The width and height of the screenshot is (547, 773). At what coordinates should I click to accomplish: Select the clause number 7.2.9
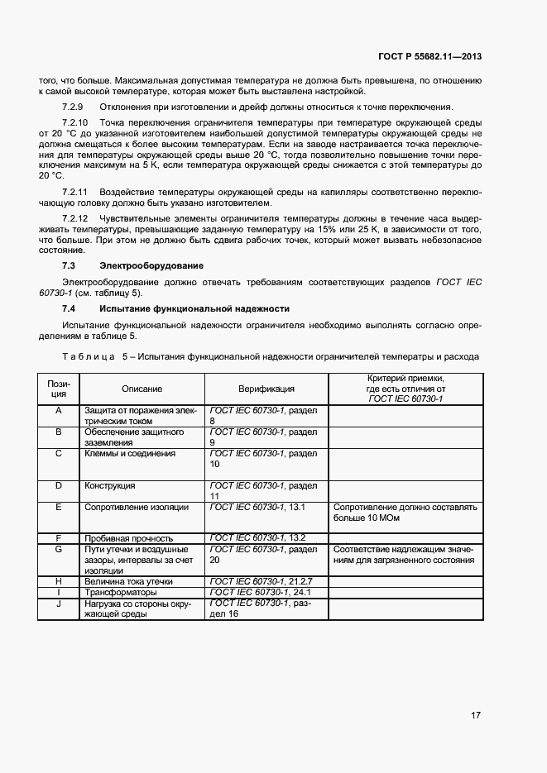pos(73,107)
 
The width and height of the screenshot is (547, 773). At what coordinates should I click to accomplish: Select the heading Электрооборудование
pos(151,265)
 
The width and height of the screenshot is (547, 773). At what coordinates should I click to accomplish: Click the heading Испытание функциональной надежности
pos(194,308)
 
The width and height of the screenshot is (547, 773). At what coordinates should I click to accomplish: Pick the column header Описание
pos(142,389)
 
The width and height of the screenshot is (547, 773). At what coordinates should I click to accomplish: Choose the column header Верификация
pos(266,389)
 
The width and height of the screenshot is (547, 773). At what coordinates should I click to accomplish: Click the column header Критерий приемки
pos(405,378)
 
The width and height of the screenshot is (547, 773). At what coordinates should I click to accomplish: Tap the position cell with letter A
pos(59,410)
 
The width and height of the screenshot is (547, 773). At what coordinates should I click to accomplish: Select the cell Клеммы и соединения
pos(130,453)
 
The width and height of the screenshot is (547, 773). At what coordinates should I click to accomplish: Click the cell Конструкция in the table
pos(110,485)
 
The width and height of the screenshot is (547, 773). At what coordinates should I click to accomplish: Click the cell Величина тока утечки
pos(128,582)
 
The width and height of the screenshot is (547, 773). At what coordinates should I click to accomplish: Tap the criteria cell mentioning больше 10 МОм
pos(405,513)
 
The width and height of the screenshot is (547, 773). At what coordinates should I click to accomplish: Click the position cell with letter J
pos(59,604)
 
